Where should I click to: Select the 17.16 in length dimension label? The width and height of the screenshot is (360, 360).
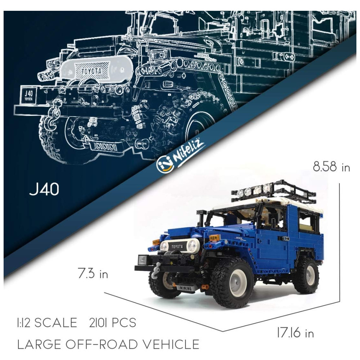pos(295,333)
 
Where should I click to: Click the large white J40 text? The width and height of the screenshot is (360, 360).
pos(44,189)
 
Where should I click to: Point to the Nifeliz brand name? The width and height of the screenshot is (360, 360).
pos(189,152)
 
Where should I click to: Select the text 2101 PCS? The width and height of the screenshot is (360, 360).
pos(112,323)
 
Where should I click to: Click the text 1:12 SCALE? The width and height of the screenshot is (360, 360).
pos(47,323)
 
